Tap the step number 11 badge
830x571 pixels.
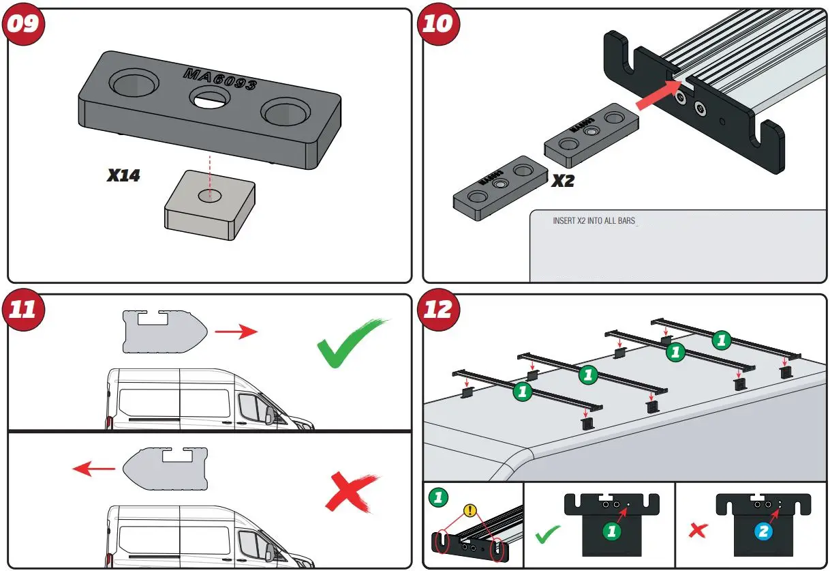click(24, 309)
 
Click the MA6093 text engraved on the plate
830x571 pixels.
click(219, 78)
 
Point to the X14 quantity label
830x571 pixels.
click(123, 175)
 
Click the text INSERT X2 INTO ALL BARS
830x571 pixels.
click(594, 222)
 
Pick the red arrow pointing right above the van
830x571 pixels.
click(236, 332)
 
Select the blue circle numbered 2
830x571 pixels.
click(763, 533)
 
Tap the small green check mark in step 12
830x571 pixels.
click(547, 534)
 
